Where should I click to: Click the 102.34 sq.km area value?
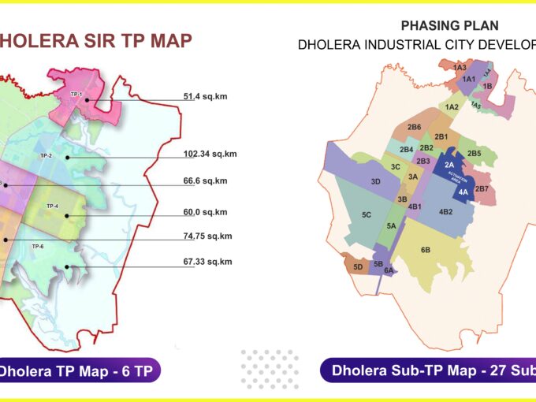(x=210, y=154)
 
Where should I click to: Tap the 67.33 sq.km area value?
(x=207, y=262)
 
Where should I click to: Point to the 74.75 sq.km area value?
(x=207, y=236)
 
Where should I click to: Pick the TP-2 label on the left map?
(x=46, y=155)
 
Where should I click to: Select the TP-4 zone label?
(x=52, y=206)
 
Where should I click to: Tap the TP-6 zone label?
(x=37, y=247)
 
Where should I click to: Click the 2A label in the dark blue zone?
(x=449, y=164)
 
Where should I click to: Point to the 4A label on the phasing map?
(x=463, y=192)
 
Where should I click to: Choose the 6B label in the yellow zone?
(x=425, y=250)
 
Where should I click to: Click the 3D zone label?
(x=376, y=182)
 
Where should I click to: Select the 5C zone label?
(x=367, y=214)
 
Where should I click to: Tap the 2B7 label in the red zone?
(x=482, y=189)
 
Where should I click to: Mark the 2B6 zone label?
(x=414, y=127)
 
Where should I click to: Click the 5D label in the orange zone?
(x=358, y=266)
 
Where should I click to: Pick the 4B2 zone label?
(x=445, y=211)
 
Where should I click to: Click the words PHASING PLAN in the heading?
(x=438, y=26)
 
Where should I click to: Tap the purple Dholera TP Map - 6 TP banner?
(x=79, y=370)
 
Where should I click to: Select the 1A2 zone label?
(x=452, y=106)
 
